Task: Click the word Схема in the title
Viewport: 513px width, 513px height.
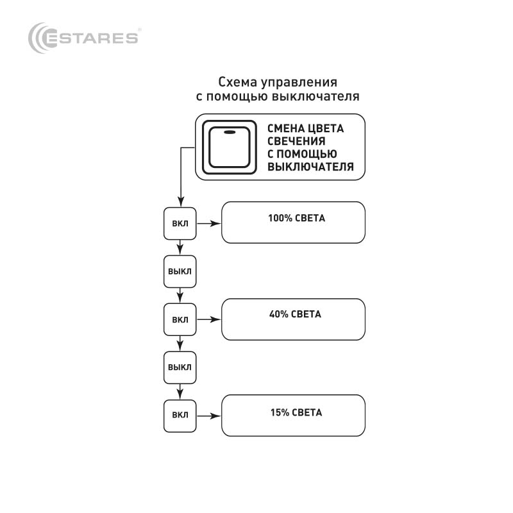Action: click(x=237, y=82)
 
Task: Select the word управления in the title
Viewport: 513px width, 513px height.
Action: click(x=299, y=83)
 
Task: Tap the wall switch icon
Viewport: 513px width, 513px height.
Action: click(x=230, y=147)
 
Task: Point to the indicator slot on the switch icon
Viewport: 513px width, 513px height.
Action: click(x=230, y=132)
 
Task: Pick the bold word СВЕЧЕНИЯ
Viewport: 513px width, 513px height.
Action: click(x=296, y=141)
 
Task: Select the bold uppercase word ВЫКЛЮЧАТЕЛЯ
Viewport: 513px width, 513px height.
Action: click(x=311, y=167)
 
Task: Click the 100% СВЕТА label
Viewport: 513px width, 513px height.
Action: click(x=297, y=218)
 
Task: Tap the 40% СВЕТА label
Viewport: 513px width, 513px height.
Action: click(x=295, y=314)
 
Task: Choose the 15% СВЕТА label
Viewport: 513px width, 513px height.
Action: click(x=296, y=412)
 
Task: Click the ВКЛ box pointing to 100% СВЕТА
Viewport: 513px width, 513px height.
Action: click(x=180, y=223)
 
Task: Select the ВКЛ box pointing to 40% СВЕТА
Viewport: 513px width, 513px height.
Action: click(x=180, y=319)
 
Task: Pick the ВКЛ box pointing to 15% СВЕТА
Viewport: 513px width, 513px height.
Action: click(x=180, y=416)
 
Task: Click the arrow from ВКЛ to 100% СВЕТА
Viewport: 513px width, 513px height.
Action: click(x=209, y=223)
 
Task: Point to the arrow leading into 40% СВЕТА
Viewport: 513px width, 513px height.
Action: click(x=209, y=319)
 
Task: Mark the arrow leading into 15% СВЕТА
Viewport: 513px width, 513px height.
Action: click(x=209, y=416)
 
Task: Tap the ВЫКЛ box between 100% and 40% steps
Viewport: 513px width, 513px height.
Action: click(x=180, y=271)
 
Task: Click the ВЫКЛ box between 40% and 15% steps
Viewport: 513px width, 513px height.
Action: click(x=180, y=367)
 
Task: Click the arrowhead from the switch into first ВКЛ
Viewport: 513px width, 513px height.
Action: click(x=181, y=202)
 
